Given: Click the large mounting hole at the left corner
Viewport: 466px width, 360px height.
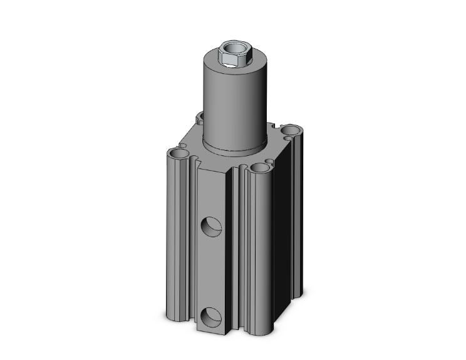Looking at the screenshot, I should pos(178,153).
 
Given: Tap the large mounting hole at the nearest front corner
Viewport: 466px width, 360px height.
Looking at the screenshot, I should pos(259,168).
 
